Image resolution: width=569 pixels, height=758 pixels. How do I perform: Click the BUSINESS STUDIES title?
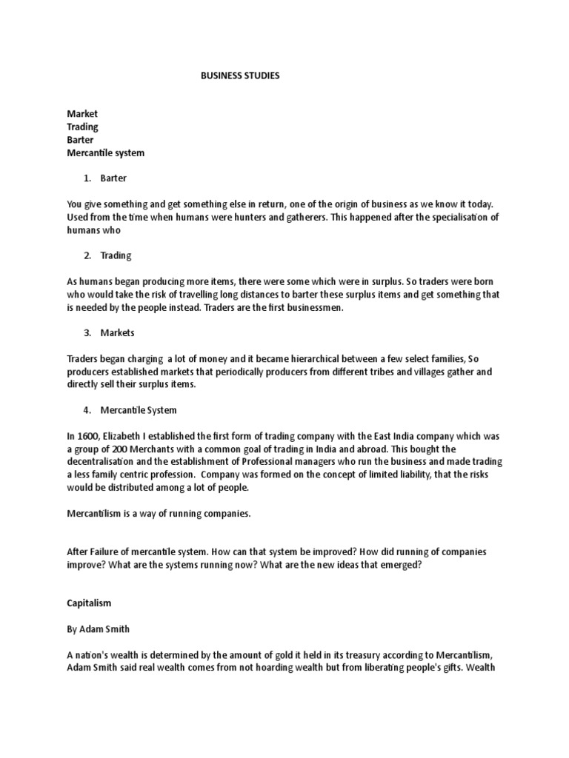pyautogui.click(x=240, y=76)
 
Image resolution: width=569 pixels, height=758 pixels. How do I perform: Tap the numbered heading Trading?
pyautogui.click(x=116, y=255)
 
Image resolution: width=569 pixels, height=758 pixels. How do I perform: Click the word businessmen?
pyautogui.click(x=315, y=307)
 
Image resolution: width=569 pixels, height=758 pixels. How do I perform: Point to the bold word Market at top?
pyautogui.click(x=82, y=114)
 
